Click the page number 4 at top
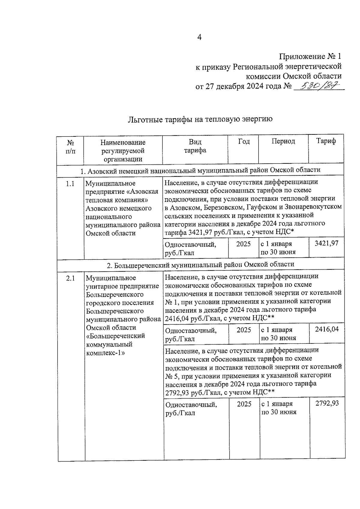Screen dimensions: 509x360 (x=199, y=37)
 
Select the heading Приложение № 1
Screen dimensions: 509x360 (x=310, y=56)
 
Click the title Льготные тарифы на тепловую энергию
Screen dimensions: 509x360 (x=200, y=119)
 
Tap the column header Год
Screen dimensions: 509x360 (x=244, y=141)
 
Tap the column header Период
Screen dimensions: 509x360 (x=283, y=141)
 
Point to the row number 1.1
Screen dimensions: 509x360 (x=70, y=184)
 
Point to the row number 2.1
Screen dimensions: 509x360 (x=70, y=278)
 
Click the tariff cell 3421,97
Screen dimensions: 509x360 (x=326, y=243)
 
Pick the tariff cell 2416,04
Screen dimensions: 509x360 (x=327, y=329)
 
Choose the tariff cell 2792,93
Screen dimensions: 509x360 (x=327, y=403)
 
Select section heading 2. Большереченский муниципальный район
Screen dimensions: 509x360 (x=200, y=265)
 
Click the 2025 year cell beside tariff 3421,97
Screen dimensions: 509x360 (x=243, y=244)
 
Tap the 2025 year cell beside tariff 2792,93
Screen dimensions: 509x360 (x=244, y=404)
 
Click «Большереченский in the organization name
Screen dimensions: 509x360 (x=115, y=336)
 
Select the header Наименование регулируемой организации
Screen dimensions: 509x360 (x=123, y=151)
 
